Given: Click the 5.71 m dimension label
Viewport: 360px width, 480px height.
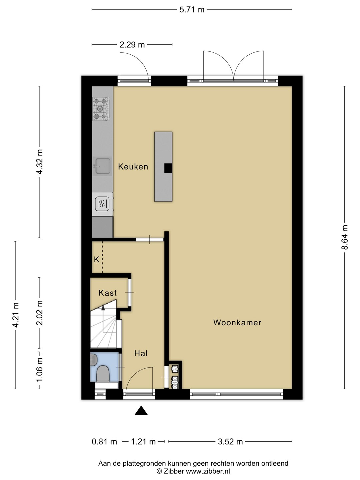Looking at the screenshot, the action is [x=192, y=10].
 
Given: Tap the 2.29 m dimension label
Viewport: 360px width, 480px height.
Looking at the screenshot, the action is [x=132, y=45].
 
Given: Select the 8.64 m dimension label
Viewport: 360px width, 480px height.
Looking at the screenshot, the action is [x=345, y=237].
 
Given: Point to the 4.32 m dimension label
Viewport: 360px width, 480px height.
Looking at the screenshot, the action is [x=40, y=162].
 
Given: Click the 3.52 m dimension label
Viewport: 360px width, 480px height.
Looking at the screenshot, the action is [x=230, y=442].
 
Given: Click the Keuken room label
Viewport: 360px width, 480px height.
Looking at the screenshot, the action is [x=133, y=167].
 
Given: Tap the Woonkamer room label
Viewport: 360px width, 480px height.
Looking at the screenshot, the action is [x=237, y=323].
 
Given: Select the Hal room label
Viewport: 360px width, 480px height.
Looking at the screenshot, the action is [x=141, y=353].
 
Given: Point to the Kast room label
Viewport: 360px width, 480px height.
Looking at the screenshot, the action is [x=108, y=293].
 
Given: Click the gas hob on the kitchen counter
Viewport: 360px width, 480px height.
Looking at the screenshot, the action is [x=101, y=109].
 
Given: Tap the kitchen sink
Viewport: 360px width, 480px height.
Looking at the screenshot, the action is [x=102, y=166].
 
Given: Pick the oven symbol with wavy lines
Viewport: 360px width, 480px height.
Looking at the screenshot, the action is [x=102, y=204].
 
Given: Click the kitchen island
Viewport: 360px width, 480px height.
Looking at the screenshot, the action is [x=163, y=167].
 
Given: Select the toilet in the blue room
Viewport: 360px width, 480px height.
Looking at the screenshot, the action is [x=103, y=375].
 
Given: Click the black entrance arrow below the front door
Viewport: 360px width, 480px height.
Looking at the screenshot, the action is [x=141, y=410].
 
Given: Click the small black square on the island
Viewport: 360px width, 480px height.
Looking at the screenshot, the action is [x=168, y=168].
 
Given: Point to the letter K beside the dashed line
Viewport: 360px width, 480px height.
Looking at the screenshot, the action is [x=97, y=260].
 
